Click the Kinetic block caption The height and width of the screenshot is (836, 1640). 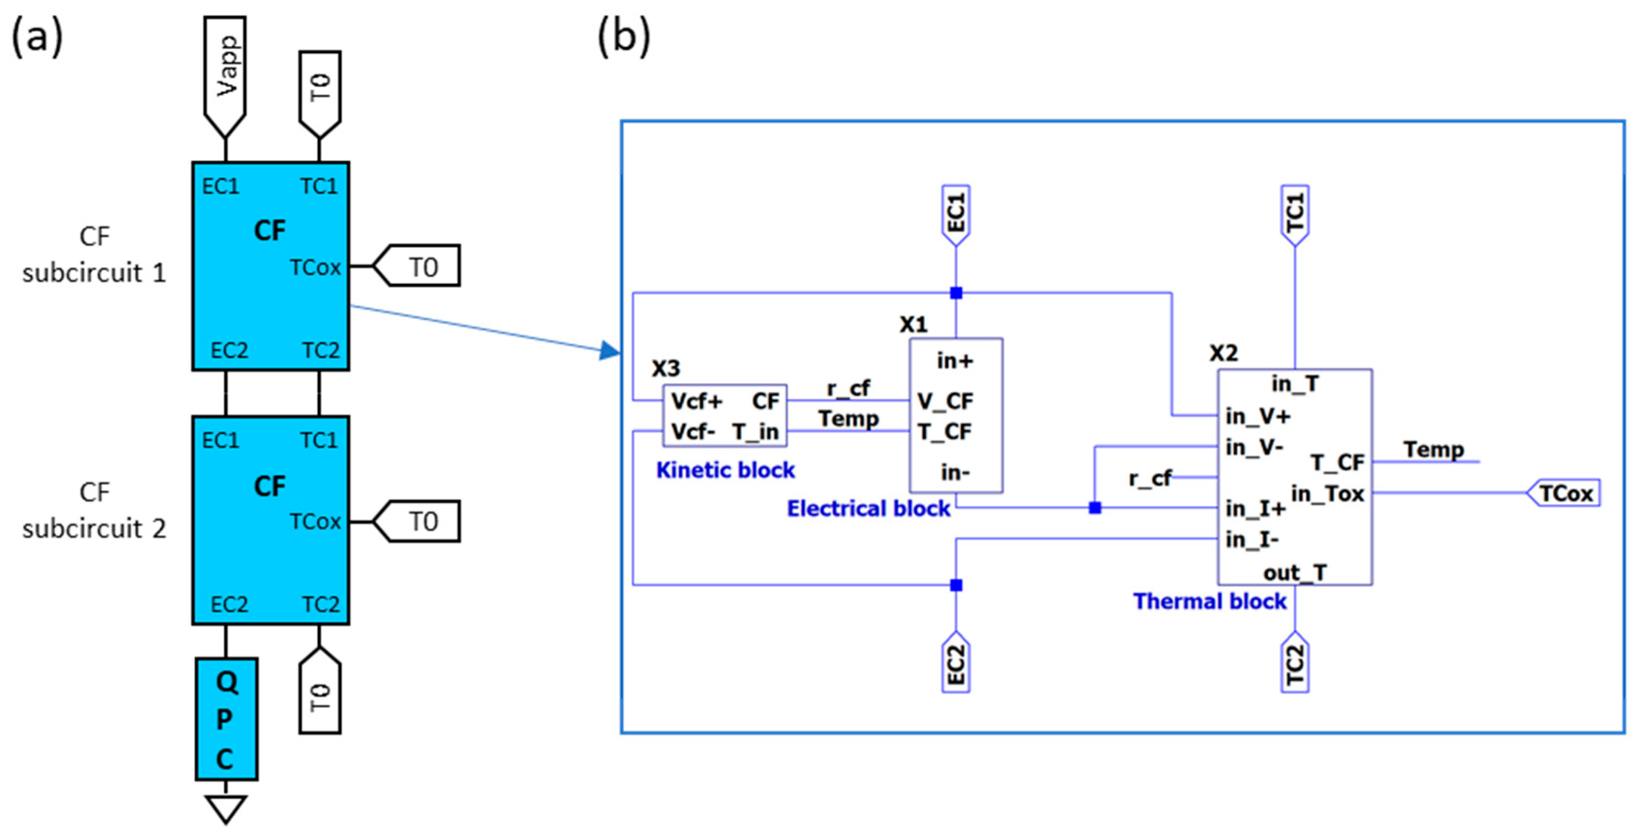point(725,470)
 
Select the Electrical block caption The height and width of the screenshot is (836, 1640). point(868,508)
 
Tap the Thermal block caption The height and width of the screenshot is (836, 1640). point(1209,601)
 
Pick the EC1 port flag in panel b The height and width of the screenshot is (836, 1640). point(955,215)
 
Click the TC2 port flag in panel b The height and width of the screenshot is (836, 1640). point(1295,663)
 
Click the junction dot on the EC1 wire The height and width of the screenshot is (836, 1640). point(955,293)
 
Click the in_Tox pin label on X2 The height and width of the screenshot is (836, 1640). point(1327,493)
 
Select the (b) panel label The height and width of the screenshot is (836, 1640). point(623,37)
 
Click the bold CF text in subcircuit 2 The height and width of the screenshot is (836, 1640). point(270,486)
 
